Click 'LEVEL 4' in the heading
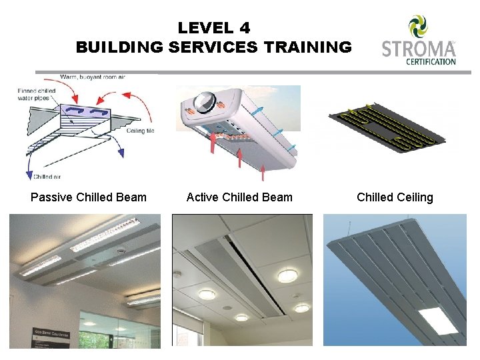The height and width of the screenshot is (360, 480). (213, 28)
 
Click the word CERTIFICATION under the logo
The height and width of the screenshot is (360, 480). (431, 62)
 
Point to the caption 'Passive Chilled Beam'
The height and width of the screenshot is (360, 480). (89, 197)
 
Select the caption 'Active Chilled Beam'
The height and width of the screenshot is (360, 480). (239, 197)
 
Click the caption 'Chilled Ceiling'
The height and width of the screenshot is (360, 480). (395, 197)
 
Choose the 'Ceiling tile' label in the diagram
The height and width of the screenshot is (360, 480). (141, 131)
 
